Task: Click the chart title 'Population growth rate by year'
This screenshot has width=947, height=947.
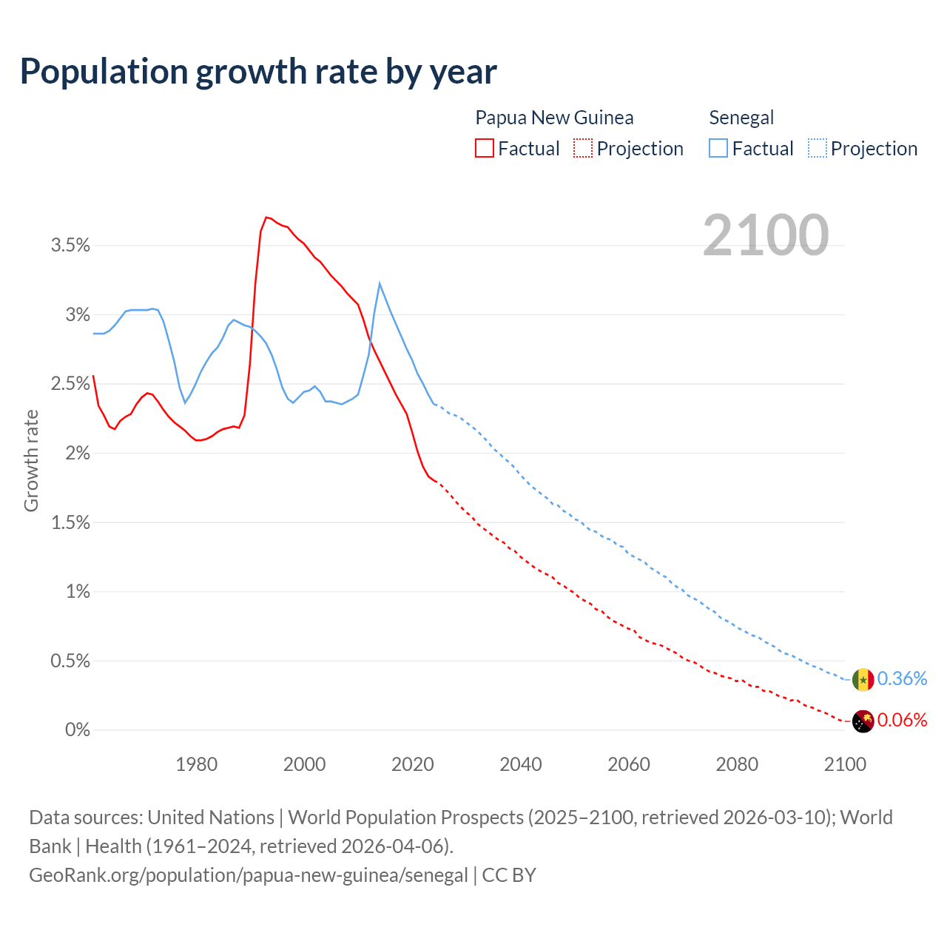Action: point(258,72)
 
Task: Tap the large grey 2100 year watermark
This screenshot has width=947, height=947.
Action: point(765,235)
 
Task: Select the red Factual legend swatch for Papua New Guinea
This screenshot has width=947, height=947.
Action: point(485,148)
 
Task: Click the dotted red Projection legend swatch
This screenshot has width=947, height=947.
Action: point(583,148)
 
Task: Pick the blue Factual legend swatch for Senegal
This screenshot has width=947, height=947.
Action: point(718,148)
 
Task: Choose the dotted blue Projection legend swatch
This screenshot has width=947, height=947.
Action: point(817,148)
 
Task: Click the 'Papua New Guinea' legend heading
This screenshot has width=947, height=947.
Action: point(554,118)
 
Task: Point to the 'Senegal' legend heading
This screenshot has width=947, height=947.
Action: point(741,118)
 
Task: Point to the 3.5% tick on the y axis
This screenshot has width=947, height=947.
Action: point(70,246)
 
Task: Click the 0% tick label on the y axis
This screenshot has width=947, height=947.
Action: point(78,730)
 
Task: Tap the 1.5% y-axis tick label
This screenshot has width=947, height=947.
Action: point(70,523)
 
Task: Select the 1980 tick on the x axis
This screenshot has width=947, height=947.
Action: point(197,764)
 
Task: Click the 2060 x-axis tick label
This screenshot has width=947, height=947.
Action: point(629,764)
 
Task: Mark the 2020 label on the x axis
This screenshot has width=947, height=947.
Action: point(413,764)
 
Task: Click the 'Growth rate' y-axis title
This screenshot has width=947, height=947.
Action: point(31,460)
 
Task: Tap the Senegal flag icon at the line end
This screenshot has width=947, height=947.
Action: point(863,679)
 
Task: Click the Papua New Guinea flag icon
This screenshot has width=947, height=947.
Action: point(863,721)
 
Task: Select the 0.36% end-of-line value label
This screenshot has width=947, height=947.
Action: point(902,679)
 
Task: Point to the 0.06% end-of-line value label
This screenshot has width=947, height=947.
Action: point(902,721)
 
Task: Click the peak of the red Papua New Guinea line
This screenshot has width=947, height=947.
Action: point(266,218)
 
